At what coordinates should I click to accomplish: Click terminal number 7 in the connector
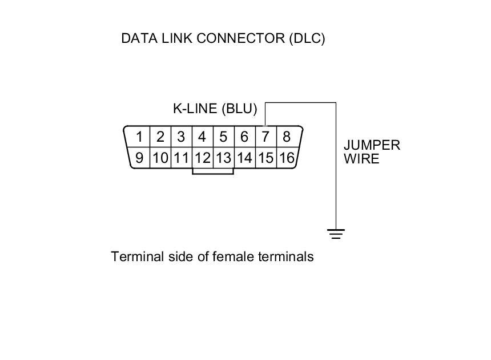265,137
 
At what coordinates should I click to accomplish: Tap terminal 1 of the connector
139,137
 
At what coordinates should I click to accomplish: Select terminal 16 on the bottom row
287,158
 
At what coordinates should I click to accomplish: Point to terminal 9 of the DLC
139,158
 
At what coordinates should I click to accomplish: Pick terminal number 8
287,137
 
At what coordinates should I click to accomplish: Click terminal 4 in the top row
202,137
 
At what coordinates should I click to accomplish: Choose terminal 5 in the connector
223,137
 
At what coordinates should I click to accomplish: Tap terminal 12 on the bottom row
202,158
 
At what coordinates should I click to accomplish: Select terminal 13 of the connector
223,158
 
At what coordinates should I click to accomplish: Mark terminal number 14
244,158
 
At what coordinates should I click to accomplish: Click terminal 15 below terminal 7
265,158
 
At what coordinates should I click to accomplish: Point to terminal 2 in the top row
160,137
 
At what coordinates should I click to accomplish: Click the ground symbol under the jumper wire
336,233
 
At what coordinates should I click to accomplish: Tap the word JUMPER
372,145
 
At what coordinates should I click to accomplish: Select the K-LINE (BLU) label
215,109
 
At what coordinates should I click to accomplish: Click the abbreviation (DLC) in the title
307,39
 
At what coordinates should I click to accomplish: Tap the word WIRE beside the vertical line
361,159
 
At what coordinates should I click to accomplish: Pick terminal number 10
160,158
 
